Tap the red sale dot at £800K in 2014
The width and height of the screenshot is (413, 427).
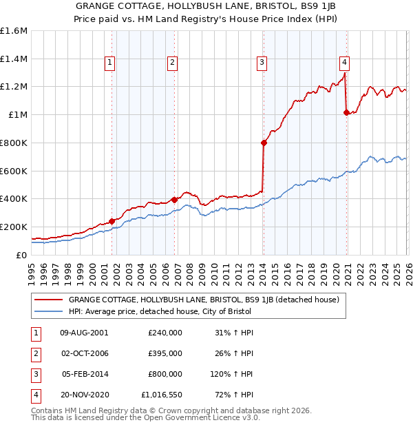(x=264, y=143)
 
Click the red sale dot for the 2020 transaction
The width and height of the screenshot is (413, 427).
(x=346, y=112)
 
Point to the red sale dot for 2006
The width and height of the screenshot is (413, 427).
(x=174, y=200)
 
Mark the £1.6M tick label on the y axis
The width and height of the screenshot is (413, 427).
(x=14, y=31)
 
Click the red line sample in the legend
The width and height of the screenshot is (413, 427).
(x=49, y=300)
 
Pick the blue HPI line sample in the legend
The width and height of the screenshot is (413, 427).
(x=49, y=311)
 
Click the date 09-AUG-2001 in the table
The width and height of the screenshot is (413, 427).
(x=84, y=332)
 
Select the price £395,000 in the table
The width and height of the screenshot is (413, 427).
(x=165, y=353)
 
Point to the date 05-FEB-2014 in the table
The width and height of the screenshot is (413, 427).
(x=85, y=375)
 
